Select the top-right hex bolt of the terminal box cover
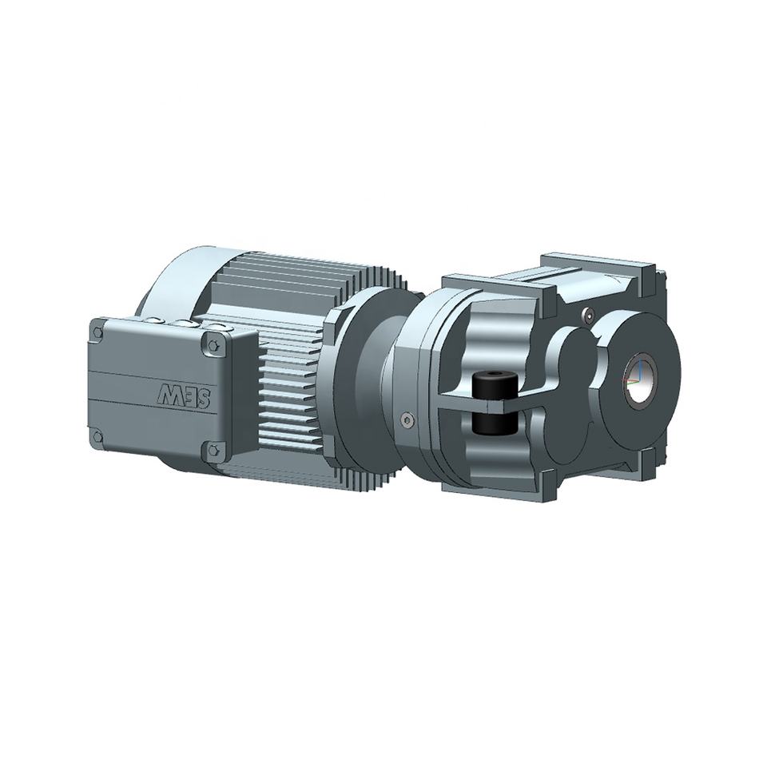[x=213, y=346]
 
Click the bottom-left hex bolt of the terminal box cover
[x=98, y=436]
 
